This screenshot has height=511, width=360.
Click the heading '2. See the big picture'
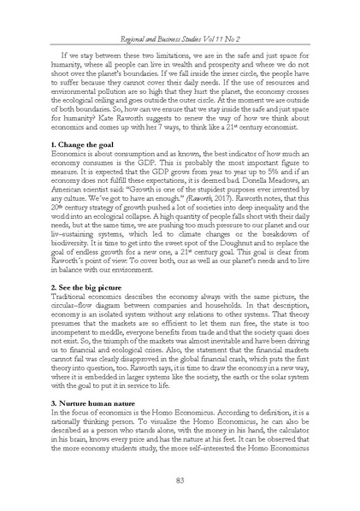(x=95, y=286)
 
